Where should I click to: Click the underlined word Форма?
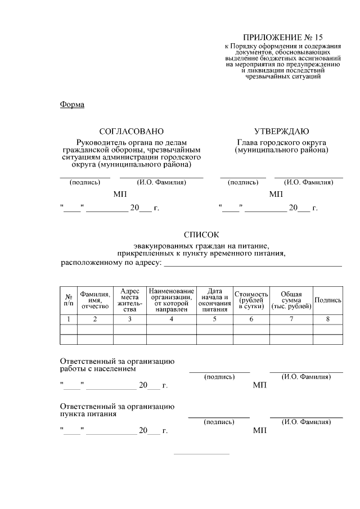pos(71,104)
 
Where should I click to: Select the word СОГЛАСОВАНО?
pos(131,131)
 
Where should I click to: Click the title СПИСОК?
pos(200,235)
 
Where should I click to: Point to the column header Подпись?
pos(328,300)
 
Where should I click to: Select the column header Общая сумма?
pos(291,300)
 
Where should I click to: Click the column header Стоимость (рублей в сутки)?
pos(251,300)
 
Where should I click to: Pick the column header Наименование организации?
pos(172,300)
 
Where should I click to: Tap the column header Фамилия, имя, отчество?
pos(95,300)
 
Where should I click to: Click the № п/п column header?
pos(68,300)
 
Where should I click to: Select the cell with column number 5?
pos(214,319)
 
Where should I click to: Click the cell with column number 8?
pos(328,319)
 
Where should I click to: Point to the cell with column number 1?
pos(68,319)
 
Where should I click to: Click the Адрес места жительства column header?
pos(130,300)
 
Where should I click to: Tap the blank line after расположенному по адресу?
pos(253,263)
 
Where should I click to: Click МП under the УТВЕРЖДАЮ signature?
pos(276,194)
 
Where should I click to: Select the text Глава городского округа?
pos(281,142)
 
